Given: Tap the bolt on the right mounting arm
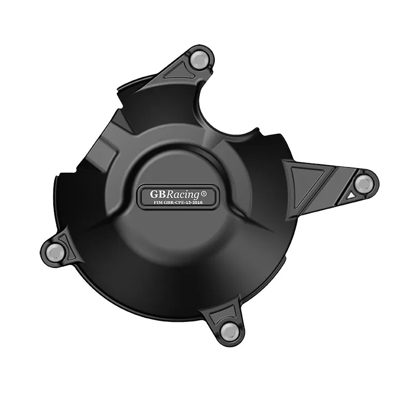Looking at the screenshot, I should point(364,183).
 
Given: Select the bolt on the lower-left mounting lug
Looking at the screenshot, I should point(54,251).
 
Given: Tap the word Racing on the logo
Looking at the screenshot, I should point(182,194).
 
